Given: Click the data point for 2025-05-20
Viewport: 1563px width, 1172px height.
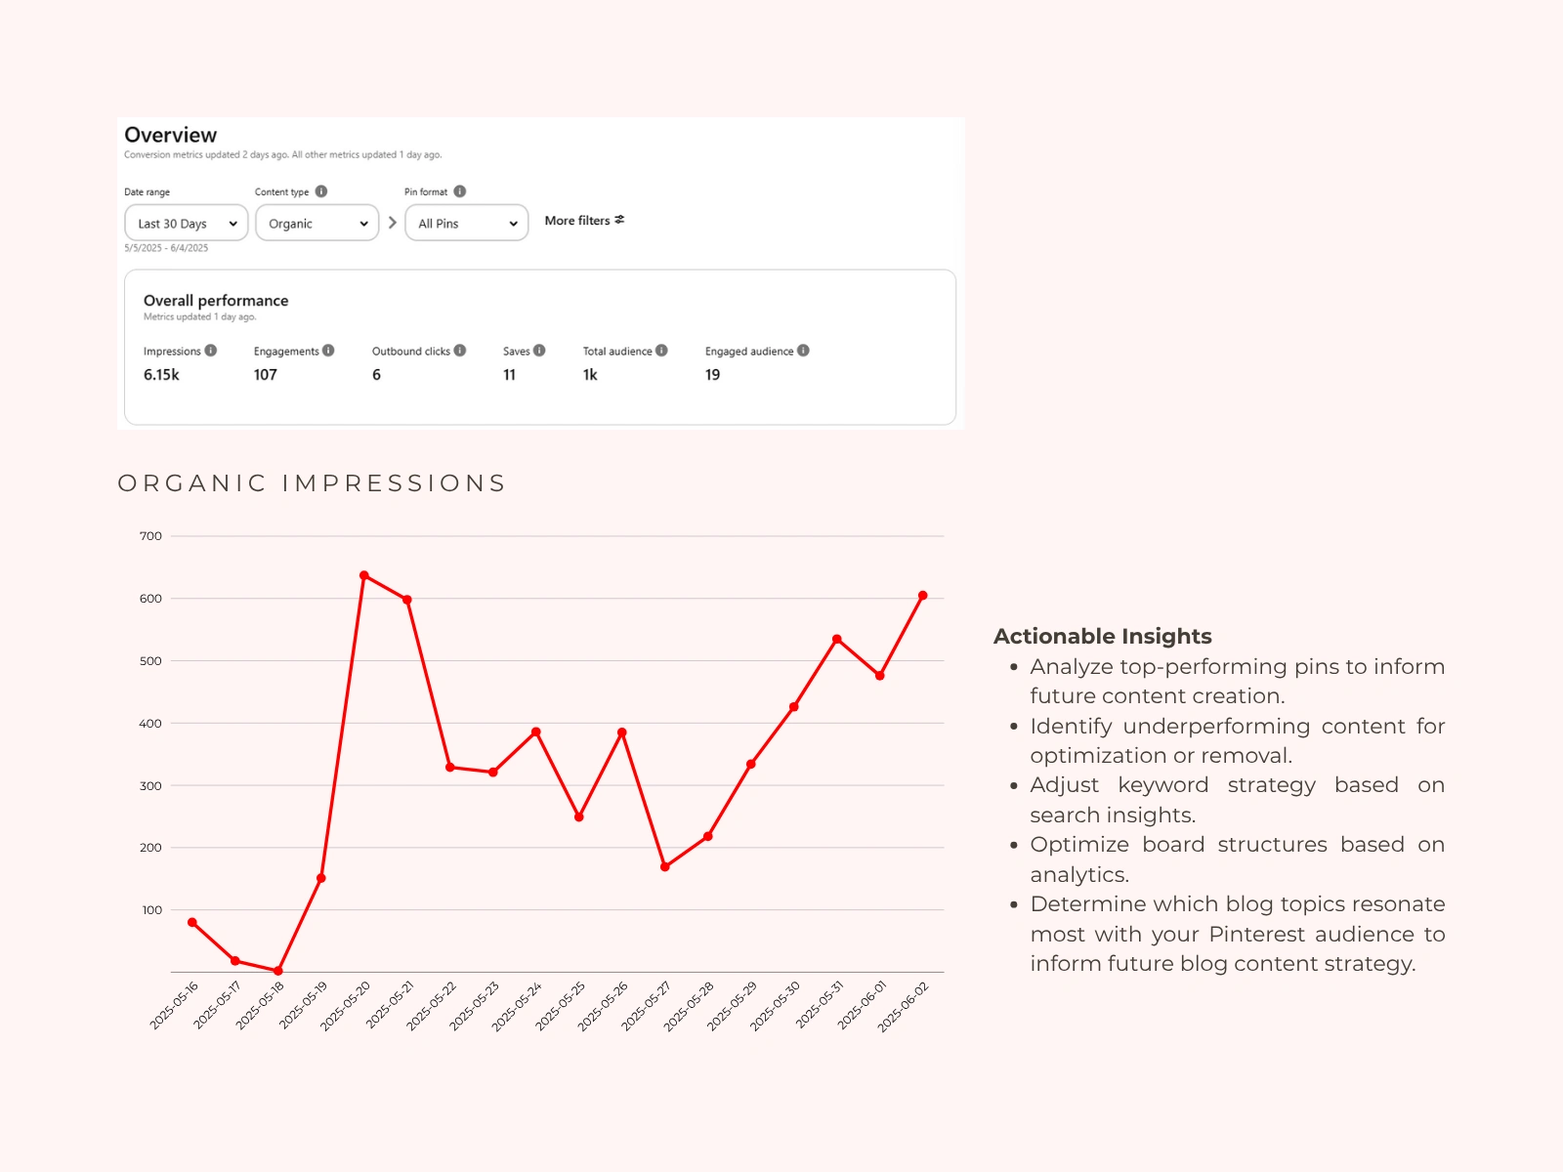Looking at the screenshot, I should [364, 575].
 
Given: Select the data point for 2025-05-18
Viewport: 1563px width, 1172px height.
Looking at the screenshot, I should [278, 971].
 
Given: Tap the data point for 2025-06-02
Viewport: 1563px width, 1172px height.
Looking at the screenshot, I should [923, 596].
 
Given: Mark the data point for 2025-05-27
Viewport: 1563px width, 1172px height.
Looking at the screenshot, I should [665, 866].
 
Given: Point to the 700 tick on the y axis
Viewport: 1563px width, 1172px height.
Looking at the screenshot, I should [150, 536].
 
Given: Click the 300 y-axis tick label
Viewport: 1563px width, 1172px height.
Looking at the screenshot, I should [150, 786].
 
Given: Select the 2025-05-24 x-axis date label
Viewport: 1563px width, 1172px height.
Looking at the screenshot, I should [517, 1007].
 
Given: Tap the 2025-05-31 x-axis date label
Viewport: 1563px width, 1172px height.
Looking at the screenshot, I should [819, 1006].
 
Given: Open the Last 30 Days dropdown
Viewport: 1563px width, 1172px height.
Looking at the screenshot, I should [187, 223].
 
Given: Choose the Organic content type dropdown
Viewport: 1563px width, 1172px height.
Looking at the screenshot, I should [317, 223].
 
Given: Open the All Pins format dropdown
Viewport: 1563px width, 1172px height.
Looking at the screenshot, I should [466, 223].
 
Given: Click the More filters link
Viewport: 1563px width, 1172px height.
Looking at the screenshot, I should [584, 221].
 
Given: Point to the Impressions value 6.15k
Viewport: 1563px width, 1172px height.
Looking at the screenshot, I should [161, 375].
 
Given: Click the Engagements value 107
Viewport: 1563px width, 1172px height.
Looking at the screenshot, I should [266, 375].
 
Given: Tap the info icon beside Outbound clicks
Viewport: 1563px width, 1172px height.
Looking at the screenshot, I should [460, 351].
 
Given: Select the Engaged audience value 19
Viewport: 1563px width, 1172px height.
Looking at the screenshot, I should [712, 375].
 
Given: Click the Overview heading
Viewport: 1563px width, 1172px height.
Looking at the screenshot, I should [171, 135].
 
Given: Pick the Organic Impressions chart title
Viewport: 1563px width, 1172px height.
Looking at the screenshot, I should [312, 483].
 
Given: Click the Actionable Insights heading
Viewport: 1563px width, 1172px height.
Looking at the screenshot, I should [1102, 636].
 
